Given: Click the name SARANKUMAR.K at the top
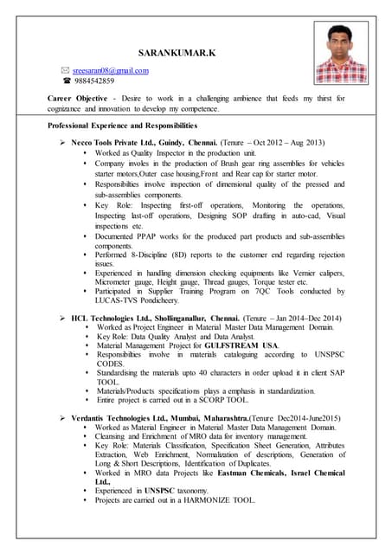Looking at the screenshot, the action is (177, 54).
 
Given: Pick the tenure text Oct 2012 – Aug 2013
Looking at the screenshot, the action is (286, 141).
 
